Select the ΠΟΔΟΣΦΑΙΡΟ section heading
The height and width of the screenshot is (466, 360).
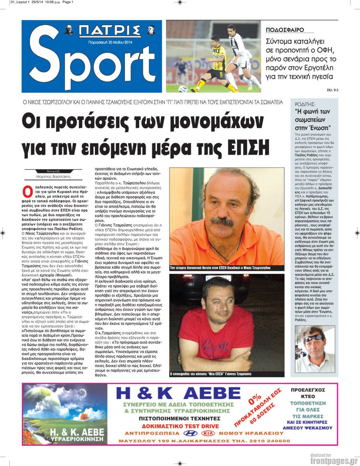[x=285, y=30]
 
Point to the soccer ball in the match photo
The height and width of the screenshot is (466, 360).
[x=183, y=89]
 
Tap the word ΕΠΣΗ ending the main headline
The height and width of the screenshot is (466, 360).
[x=250, y=148]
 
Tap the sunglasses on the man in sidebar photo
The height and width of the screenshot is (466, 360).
[x=312, y=339]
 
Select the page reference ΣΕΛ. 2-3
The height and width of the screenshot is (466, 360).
[x=332, y=91]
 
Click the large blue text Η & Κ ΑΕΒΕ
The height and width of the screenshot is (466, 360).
[x=178, y=394]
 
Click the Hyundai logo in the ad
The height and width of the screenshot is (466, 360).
[x=189, y=433]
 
